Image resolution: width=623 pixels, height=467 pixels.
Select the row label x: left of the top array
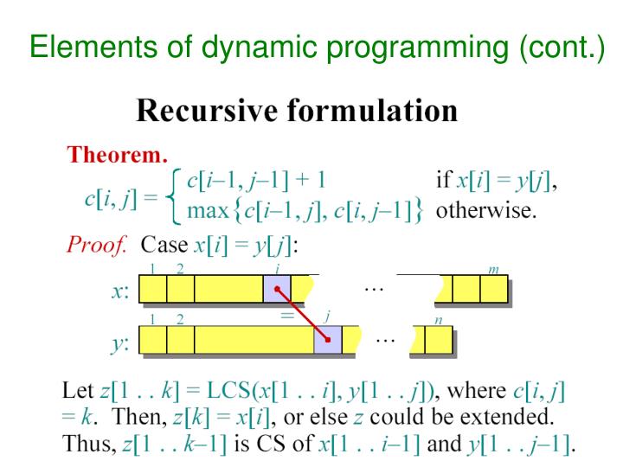click(x=120, y=291)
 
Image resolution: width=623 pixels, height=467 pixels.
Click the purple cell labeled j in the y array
click(x=327, y=340)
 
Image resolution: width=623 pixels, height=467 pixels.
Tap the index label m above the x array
click(x=493, y=271)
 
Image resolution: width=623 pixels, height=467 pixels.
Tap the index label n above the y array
click(x=439, y=320)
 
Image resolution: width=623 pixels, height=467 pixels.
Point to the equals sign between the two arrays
click(x=286, y=317)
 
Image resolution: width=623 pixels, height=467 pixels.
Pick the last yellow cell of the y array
click(x=439, y=340)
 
